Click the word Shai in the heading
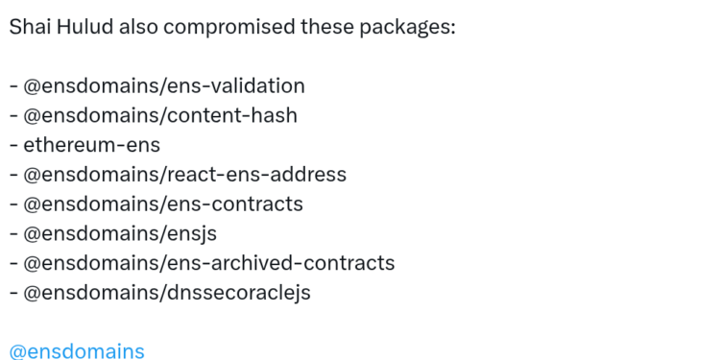click(x=30, y=26)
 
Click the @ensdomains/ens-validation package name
click(x=164, y=86)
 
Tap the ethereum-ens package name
click(x=92, y=146)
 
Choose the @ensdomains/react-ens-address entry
click(x=185, y=176)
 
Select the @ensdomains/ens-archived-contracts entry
click(x=209, y=263)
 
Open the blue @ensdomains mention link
click(x=77, y=351)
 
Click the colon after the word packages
click(x=451, y=28)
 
